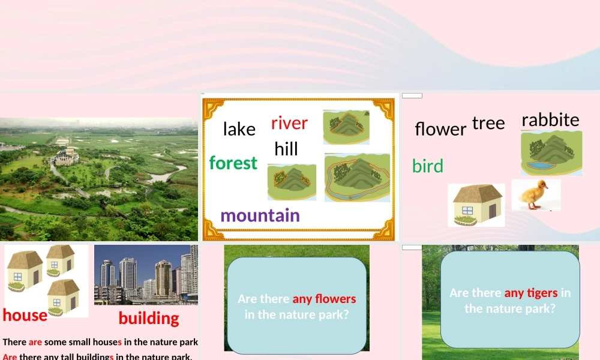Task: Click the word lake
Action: [239, 129]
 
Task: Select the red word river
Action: [289, 123]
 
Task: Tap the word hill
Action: [286, 149]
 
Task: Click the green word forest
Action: [233, 163]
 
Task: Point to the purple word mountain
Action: [260, 215]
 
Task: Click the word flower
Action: [440, 129]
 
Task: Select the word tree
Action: [488, 123]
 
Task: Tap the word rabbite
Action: [550, 120]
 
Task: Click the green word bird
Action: [428, 166]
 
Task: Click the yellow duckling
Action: [535, 194]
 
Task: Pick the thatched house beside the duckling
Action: [476, 205]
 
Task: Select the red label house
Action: [25, 316]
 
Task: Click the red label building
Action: [149, 318]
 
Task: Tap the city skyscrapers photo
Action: [146, 274]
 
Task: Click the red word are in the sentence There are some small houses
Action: [35, 343]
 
